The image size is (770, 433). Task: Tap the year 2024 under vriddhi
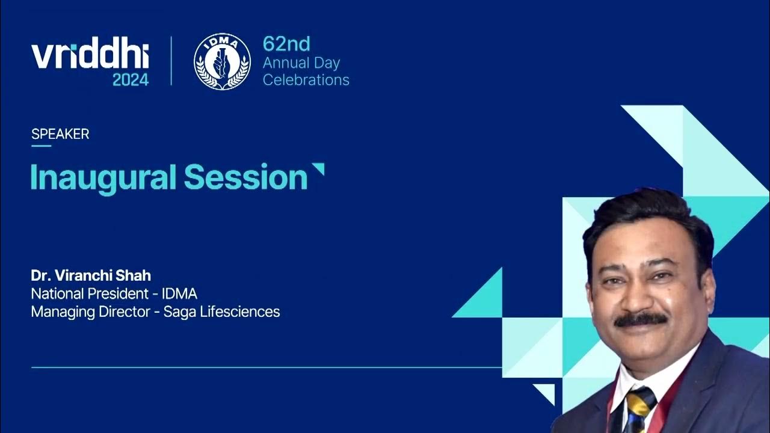(131, 79)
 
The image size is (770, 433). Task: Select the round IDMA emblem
(222, 61)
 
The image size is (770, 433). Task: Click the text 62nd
(286, 44)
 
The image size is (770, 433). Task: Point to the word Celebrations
(306, 79)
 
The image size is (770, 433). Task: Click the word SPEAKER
(60, 134)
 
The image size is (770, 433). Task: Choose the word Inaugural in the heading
(103, 177)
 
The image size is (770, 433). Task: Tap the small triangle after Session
(318, 168)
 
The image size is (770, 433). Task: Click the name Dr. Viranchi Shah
(91, 275)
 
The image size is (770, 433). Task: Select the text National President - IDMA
(114, 293)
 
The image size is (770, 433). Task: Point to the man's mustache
(639, 319)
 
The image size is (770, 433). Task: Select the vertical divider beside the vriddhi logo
(171, 61)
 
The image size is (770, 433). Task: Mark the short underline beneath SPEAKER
(41, 146)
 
